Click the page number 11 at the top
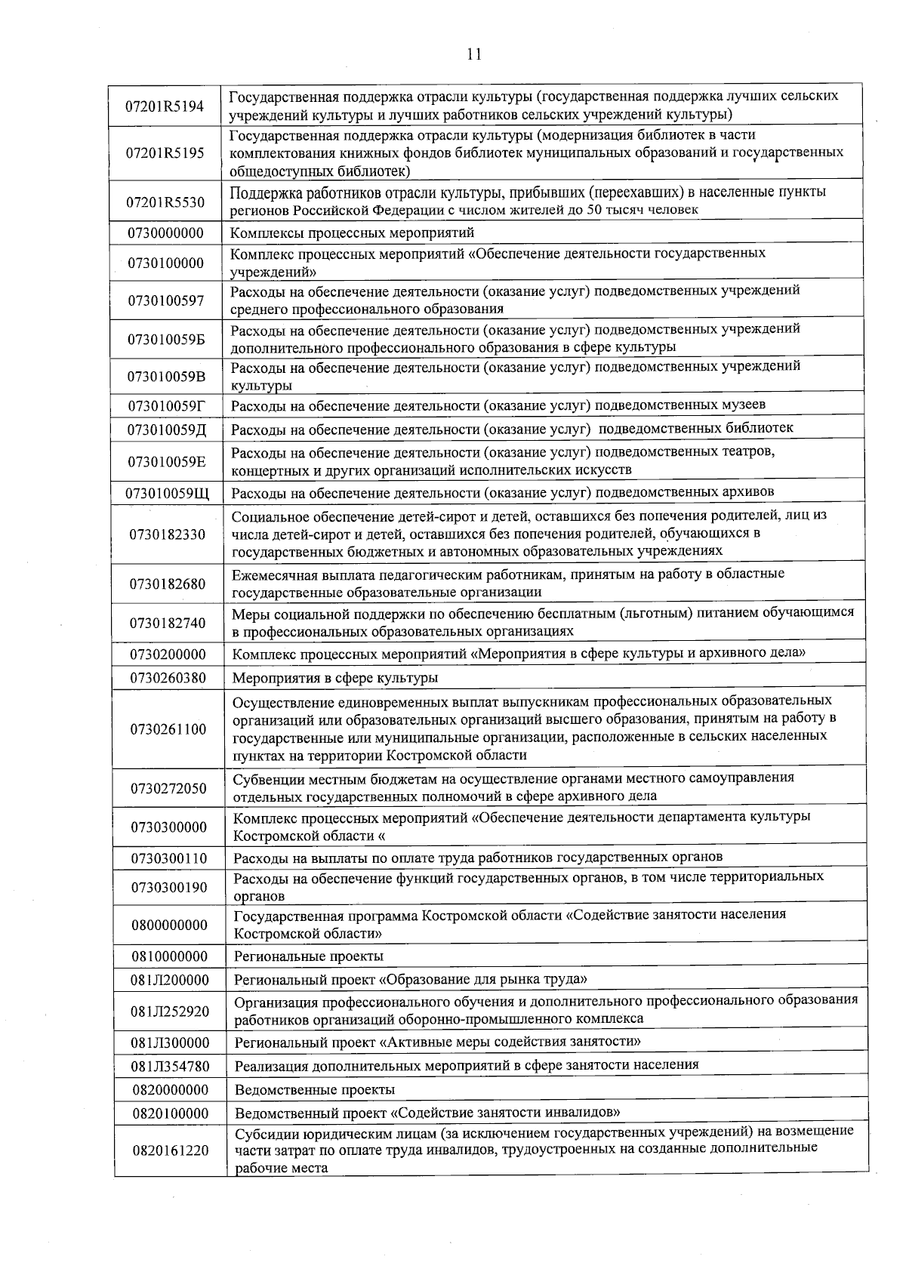click(474, 54)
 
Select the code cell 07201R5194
click(165, 106)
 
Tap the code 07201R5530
click(165, 202)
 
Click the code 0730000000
click(165, 232)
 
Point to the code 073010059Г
click(166, 406)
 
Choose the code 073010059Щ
click(167, 494)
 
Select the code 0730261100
click(168, 729)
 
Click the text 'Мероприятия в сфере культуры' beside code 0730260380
click(335, 678)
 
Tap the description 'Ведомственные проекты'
click(315, 1089)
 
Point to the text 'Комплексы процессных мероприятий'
click(352, 232)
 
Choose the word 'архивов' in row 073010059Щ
click(747, 492)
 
